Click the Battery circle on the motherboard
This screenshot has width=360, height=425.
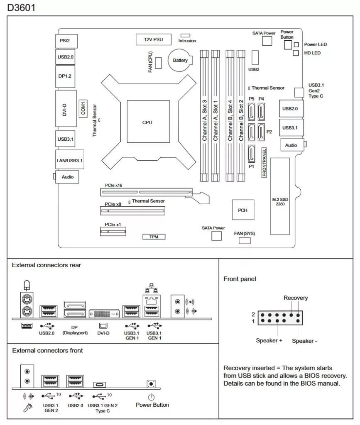point(180,61)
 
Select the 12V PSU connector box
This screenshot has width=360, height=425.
point(153,39)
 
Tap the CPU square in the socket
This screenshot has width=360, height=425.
point(147,122)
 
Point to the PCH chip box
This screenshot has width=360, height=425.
point(242,210)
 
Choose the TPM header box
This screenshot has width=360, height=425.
point(154,237)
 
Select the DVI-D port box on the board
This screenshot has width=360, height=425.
point(66,108)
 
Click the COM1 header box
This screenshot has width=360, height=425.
point(83,108)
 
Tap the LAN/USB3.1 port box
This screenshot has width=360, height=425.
point(69,160)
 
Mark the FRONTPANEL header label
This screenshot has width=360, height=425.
point(264,162)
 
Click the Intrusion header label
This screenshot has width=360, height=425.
point(187,41)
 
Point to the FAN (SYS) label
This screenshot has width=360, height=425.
point(245,234)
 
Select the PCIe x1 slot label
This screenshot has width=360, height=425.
point(113,225)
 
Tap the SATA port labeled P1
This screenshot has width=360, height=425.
point(251,154)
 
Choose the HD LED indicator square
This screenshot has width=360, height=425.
point(296,53)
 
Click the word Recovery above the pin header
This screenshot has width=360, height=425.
point(296,298)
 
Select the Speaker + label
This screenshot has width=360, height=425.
point(269,340)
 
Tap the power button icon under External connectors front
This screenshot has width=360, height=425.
point(152,384)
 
